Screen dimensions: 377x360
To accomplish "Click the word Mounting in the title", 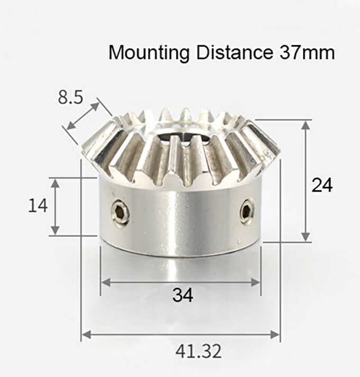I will click(x=149, y=53).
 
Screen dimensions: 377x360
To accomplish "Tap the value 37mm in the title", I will click(x=305, y=53).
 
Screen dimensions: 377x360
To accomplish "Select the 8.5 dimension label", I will click(x=71, y=98).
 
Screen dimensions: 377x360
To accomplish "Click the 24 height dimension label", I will click(x=322, y=186).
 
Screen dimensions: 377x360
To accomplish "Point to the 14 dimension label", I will click(x=38, y=205).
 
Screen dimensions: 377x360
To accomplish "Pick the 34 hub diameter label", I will click(x=183, y=295).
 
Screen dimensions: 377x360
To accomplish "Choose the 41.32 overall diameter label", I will click(x=199, y=351).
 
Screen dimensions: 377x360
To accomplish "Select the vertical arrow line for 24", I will click(x=305, y=180).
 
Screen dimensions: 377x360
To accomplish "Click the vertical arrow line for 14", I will click(x=55, y=206).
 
